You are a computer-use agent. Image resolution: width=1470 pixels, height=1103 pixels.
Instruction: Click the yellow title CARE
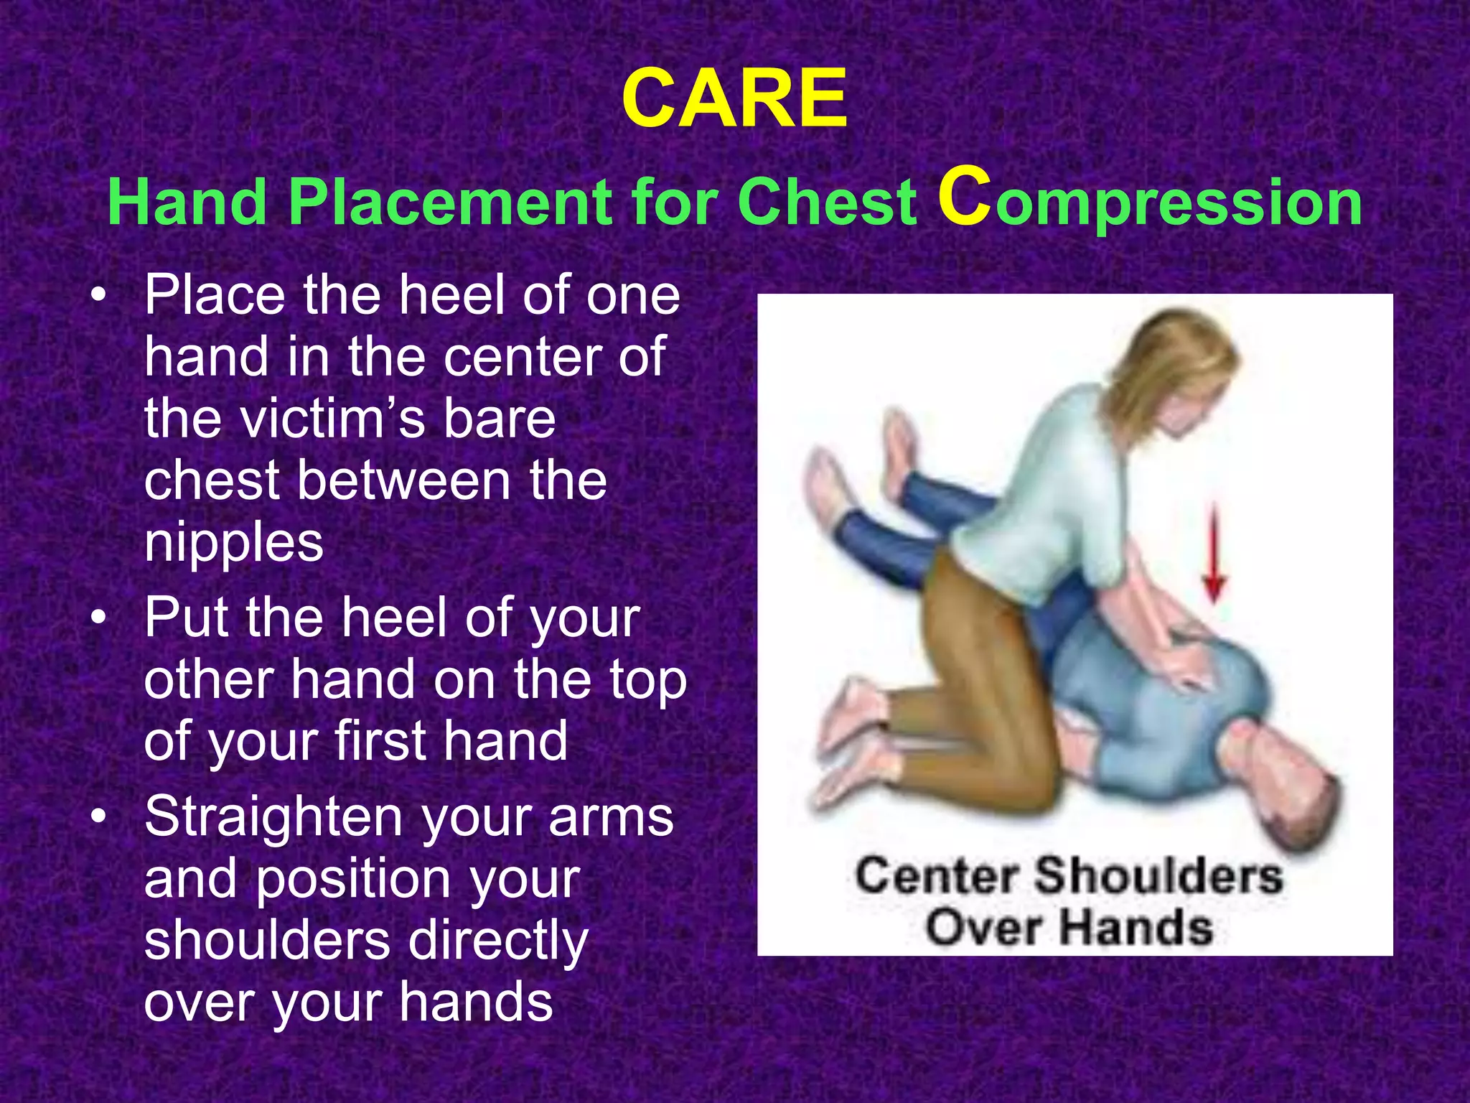734,98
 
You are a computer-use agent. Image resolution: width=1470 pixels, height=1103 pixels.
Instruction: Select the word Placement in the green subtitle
451,203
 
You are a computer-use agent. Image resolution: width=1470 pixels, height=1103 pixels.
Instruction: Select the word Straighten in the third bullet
273,816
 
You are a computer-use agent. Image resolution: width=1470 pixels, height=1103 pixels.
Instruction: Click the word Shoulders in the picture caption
1158,876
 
